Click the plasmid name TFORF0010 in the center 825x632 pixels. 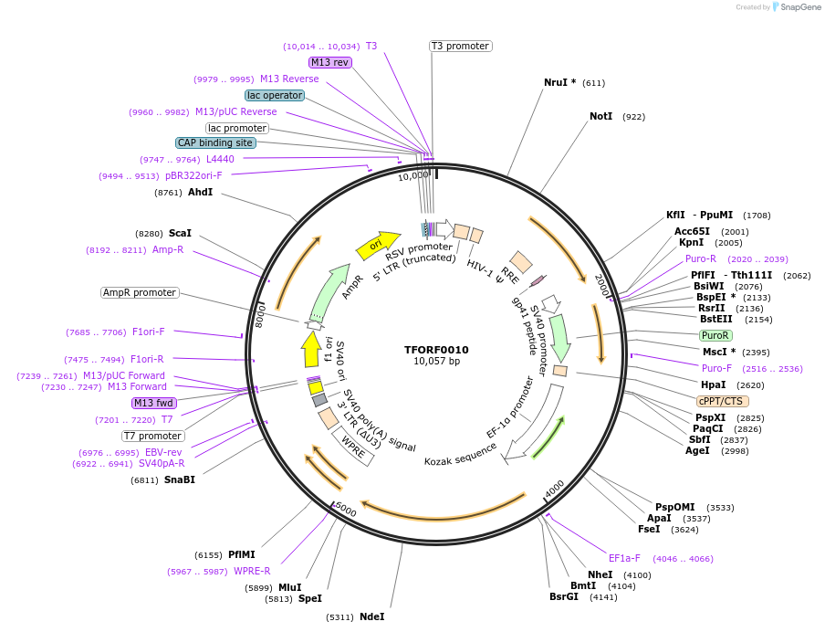click(x=436, y=350)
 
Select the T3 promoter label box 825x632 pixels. click(x=460, y=46)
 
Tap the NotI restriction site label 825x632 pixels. click(x=600, y=117)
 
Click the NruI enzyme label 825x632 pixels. click(x=559, y=82)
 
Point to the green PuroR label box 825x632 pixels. click(x=715, y=336)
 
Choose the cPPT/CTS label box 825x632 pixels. click(x=722, y=401)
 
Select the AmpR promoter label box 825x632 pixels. click(x=140, y=292)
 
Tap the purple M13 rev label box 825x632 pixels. click(x=329, y=62)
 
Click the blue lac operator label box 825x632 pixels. click(x=274, y=95)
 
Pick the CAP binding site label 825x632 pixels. click(x=215, y=142)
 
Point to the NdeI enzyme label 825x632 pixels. click(x=371, y=616)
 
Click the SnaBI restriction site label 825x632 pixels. click(x=179, y=479)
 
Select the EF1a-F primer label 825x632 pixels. click(x=624, y=558)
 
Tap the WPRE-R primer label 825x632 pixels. click(x=252, y=572)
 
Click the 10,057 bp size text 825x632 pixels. click(x=436, y=362)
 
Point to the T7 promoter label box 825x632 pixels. click(x=152, y=436)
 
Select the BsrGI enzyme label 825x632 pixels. click(x=563, y=597)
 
